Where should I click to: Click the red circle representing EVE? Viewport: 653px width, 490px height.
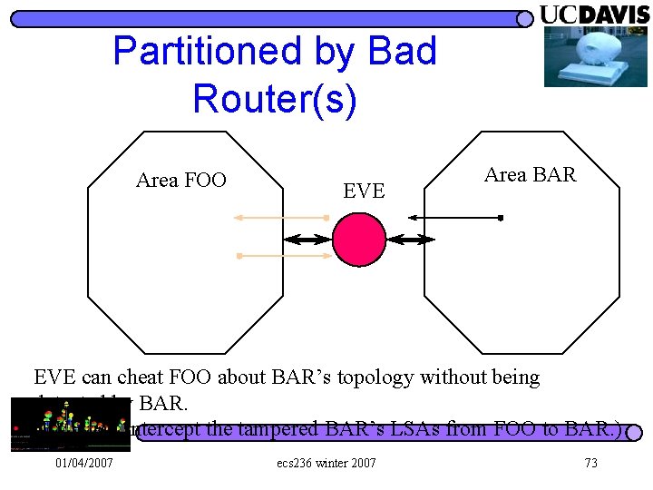tap(359, 239)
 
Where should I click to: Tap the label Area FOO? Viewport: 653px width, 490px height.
tap(180, 180)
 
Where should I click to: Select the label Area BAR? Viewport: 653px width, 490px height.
tap(530, 174)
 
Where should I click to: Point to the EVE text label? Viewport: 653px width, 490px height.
tap(364, 191)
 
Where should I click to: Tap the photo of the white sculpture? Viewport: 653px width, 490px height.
tap(583, 56)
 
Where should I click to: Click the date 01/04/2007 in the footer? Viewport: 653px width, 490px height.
tap(84, 464)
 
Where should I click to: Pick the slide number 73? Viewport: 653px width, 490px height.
tap(590, 464)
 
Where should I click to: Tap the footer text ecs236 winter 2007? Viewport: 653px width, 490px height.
tap(326, 464)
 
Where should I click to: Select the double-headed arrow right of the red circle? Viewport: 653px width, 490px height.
tap(412, 240)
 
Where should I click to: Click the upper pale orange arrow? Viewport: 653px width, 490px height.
tap(281, 218)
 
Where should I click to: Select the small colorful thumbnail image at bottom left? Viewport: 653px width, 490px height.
tap(69, 424)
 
